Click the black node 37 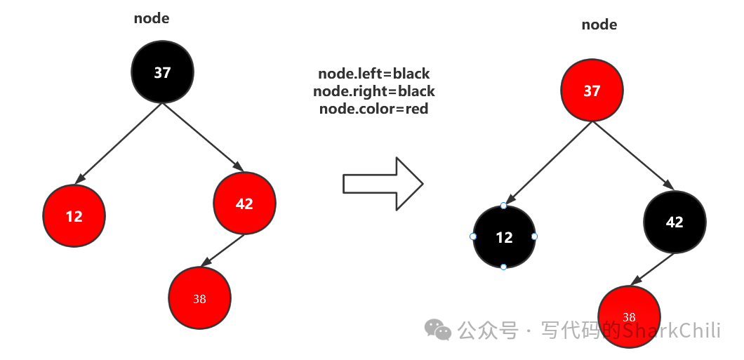[162, 72]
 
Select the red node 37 [592, 91]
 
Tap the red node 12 [74, 216]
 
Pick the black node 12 [504, 237]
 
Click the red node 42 [244, 204]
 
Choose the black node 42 [675, 222]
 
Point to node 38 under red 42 [199, 298]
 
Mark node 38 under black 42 [629, 316]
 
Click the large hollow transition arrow [383, 184]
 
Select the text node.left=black [374, 74]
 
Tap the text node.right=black [374, 91]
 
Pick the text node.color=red [374, 109]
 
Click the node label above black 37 [152, 18]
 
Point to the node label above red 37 [599, 25]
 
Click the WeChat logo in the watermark [439, 330]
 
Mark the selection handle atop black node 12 [504, 206]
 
